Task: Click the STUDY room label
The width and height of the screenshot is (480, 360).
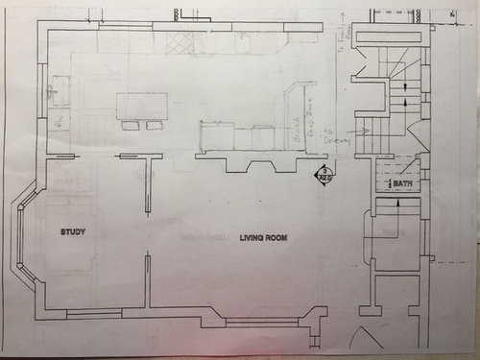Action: pyautogui.click(x=74, y=231)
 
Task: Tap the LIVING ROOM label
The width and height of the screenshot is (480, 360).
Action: pyautogui.click(x=261, y=237)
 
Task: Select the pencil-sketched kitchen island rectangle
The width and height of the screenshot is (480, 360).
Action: pyautogui.click(x=142, y=105)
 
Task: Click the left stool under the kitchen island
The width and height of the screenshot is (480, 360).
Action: pyautogui.click(x=131, y=124)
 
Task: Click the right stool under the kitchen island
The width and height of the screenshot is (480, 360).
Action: pyautogui.click(x=154, y=124)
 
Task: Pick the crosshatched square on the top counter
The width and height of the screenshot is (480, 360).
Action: pyautogui.click(x=179, y=44)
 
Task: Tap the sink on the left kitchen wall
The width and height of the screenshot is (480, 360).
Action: pyautogui.click(x=57, y=93)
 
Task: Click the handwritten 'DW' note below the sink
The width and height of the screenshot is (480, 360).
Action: pyautogui.click(x=58, y=123)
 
